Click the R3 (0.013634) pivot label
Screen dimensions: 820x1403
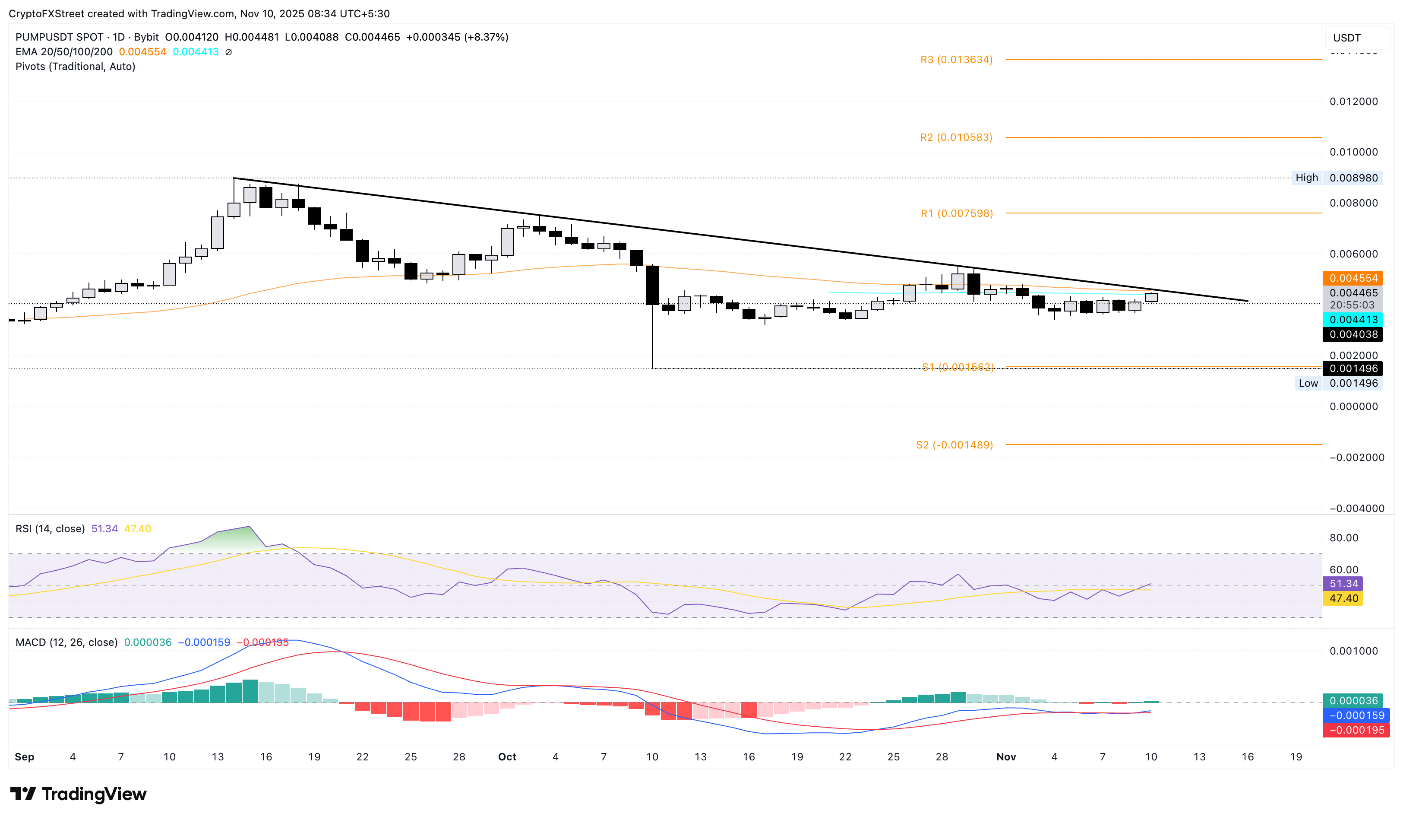click(x=956, y=60)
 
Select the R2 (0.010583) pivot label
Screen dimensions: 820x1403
click(x=956, y=137)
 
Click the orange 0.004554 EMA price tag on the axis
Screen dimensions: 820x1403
click(x=1353, y=278)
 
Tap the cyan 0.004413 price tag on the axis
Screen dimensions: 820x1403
click(x=1353, y=320)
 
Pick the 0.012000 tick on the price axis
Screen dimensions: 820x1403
click(x=1353, y=102)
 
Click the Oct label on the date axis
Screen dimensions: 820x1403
click(x=507, y=757)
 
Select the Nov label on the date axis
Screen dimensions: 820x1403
click(x=1005, y=757)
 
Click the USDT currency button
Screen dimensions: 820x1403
click(x=1347, y=38)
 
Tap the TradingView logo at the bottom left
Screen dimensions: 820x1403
click(x=79, y=794)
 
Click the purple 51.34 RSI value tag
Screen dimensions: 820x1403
click(x=1343, y=584)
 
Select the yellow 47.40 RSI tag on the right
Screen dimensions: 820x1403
click(x=1343, y=599)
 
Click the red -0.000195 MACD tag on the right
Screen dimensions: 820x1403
click(x=1356, y=730)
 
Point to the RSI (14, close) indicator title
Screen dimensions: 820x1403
click(x=50, y=529)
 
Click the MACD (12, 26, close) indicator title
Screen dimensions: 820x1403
click(x=66, y=642)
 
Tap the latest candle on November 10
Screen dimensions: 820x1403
click(x=1151, y=298)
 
